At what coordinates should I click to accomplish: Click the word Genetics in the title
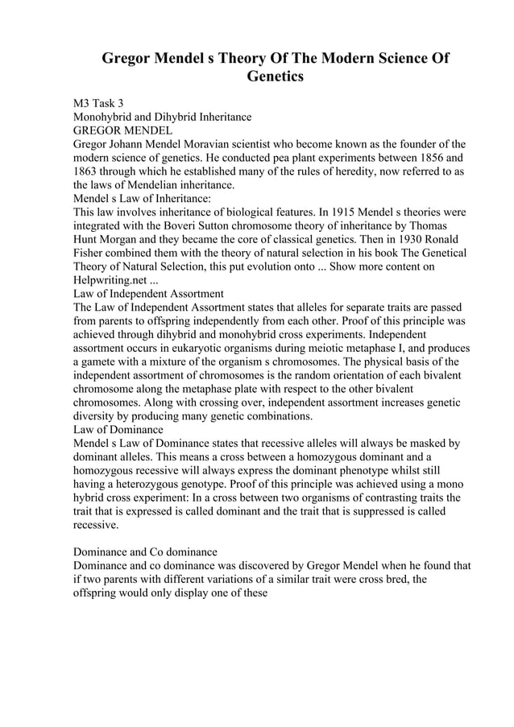(274, 77)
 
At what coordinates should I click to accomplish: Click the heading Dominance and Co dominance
(145, 552)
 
